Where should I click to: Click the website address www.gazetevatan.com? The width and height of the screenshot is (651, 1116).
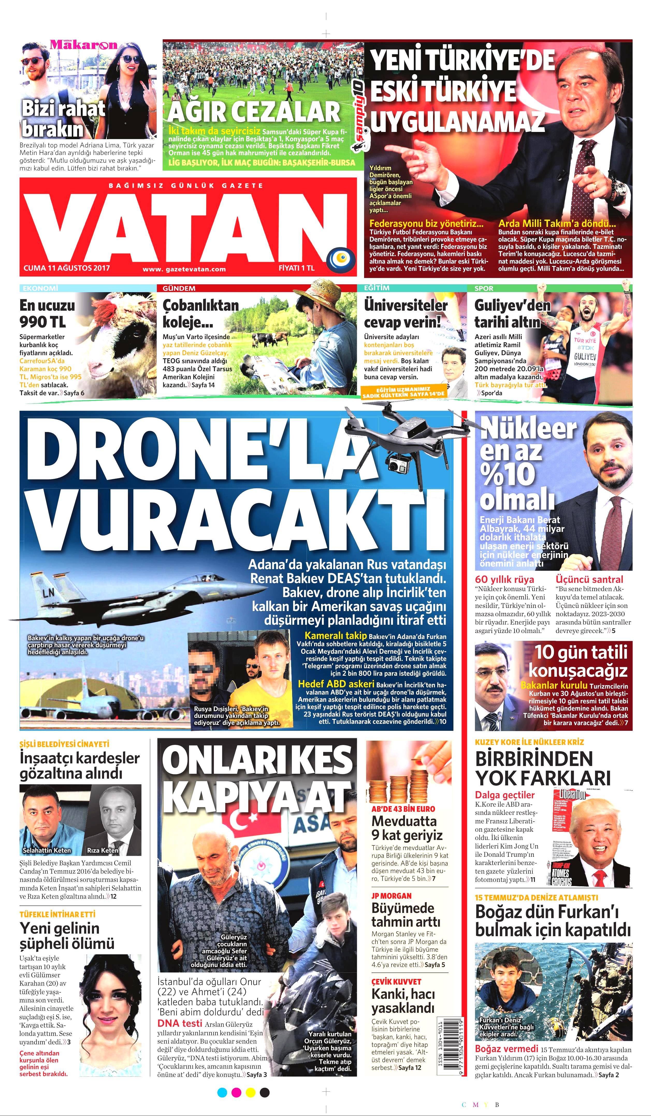point(184,269)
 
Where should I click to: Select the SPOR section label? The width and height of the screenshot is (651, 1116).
point(484,288)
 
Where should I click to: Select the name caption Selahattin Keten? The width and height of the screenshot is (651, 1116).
point(47,850)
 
